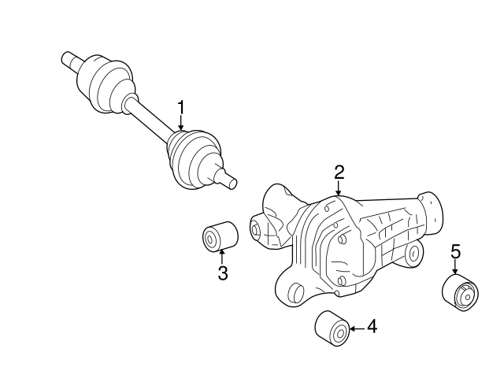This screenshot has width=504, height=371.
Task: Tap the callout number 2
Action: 339,172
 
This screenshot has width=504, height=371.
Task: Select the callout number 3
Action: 223,273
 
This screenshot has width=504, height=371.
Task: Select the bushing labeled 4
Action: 331,327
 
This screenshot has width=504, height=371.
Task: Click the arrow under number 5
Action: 455,268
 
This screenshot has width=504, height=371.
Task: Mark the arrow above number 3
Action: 222,256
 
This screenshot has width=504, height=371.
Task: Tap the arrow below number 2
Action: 339,189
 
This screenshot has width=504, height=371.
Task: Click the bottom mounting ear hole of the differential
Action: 295,294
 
